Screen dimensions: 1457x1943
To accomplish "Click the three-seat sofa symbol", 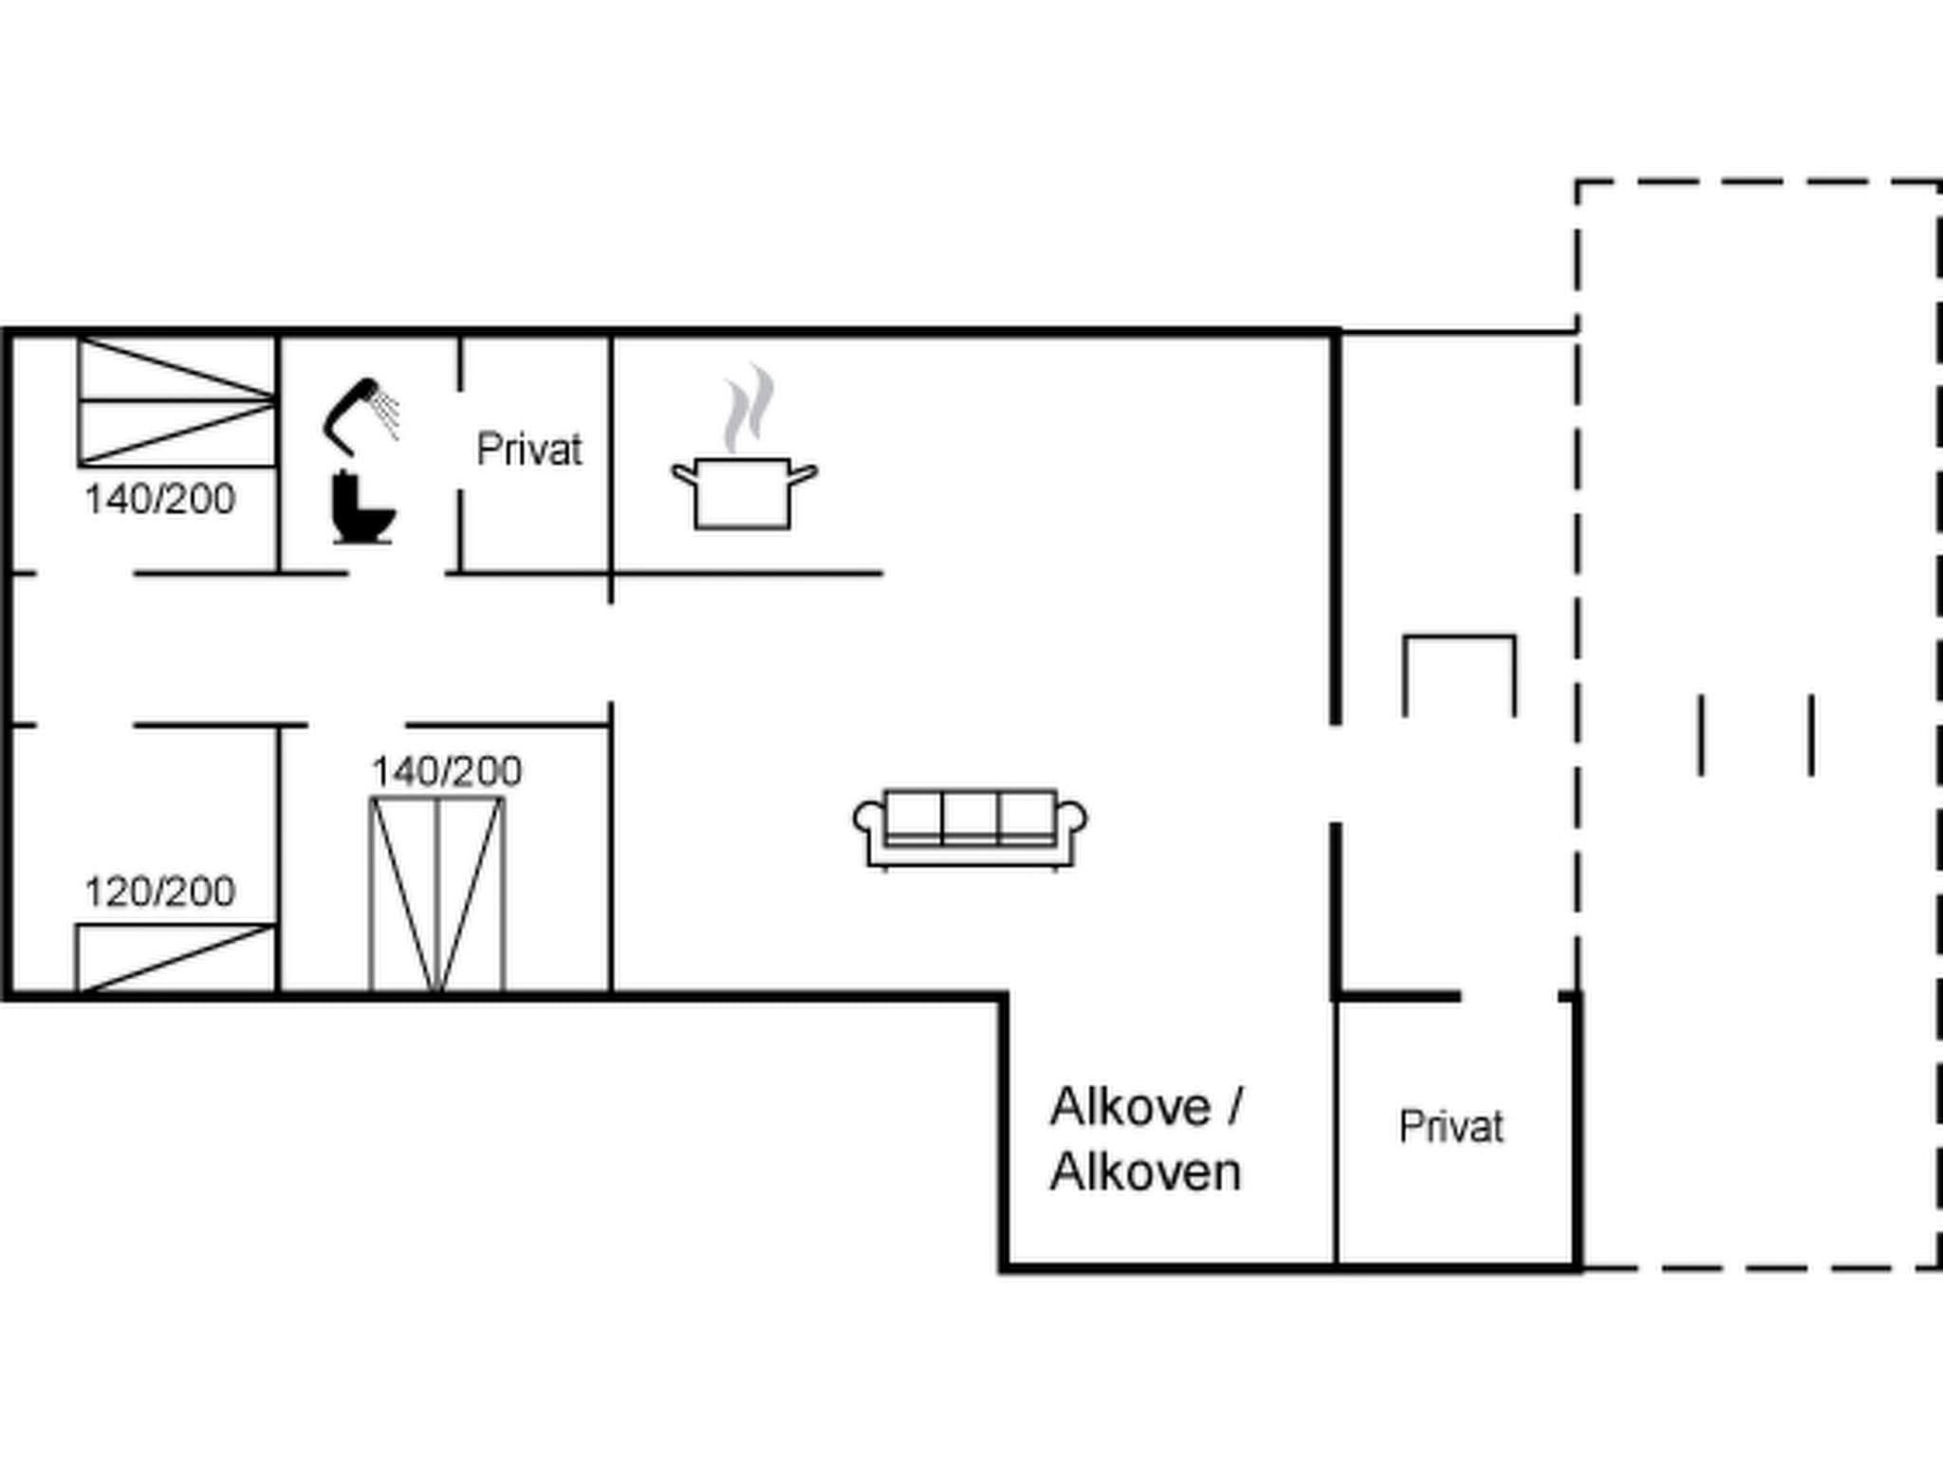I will click(x=970, y=827).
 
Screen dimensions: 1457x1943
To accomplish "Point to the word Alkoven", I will click(x=1146, y=1172).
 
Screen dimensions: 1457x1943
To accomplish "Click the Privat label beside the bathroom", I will click(x=528, y=450).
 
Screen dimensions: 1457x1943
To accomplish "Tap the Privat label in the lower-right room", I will click(x=1451, y=1127).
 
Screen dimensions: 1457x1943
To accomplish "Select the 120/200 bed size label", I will click(x=159, y=892).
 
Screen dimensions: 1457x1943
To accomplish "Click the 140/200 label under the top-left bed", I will click(x=159, y=499).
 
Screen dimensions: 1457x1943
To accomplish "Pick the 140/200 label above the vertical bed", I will click(x=446, y=771).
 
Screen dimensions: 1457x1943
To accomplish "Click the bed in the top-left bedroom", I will click(x=176, y=401).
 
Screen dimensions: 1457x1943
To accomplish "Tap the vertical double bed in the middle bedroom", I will click(x=436, y=894).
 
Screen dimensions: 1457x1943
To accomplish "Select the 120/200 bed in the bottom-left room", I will click(x=176, y=958).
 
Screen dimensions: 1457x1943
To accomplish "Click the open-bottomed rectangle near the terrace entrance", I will click(x=1458, y=673).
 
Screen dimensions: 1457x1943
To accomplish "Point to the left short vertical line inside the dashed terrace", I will click(x=1701, y=735).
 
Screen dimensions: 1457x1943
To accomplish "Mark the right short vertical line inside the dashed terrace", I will click(x=1812, y=735).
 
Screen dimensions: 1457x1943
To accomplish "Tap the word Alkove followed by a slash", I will click(x=1146, y=1106).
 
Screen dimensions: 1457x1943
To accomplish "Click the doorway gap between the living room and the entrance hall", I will click(x=1336, y=773).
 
